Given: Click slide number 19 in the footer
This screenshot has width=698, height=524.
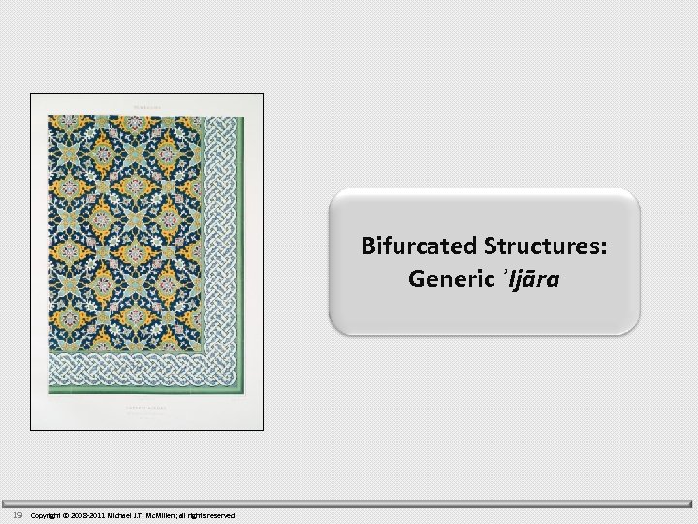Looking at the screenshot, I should [x=17, y=515].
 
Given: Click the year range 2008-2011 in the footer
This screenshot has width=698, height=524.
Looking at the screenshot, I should [x=86, y=515].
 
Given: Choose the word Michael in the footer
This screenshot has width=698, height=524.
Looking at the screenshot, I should [x=119, y=515].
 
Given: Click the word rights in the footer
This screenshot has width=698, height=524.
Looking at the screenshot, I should [x=195, y=515].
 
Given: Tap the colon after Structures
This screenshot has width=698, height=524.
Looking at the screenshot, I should [x=605, y=247].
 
